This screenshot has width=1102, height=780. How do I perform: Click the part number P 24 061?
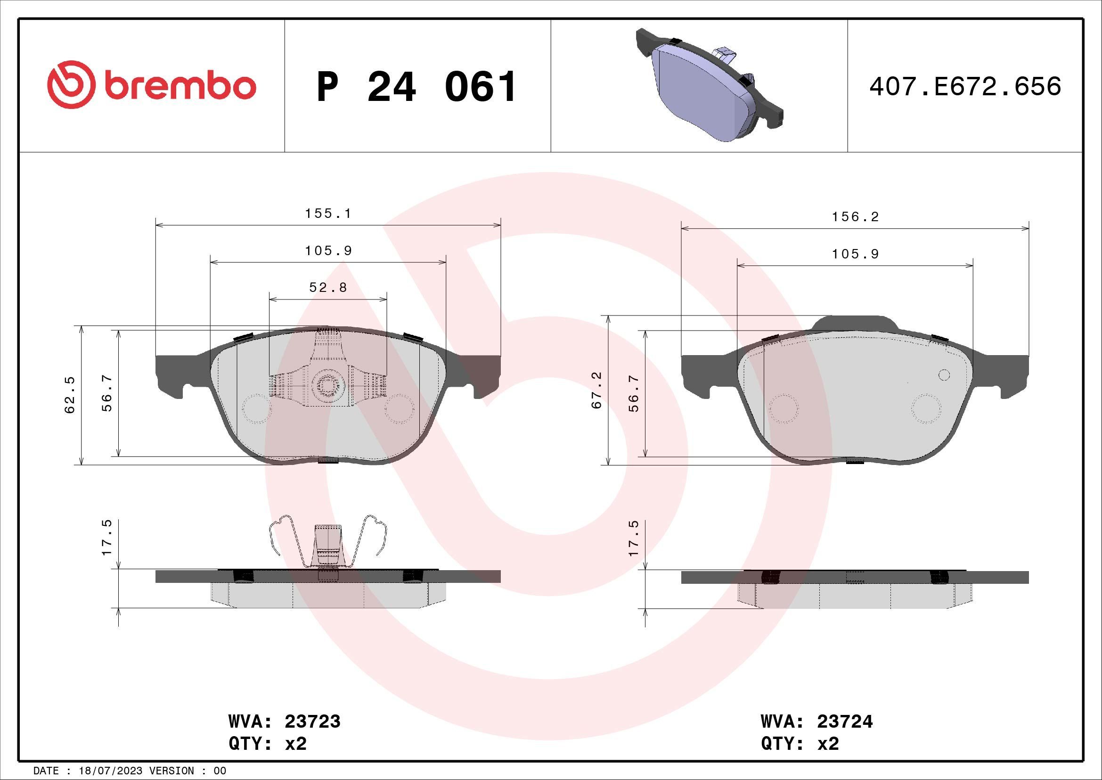click(416, 87)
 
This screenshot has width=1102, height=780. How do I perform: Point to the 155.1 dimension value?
click(328, 213)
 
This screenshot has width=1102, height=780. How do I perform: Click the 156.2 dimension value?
click(855, 217)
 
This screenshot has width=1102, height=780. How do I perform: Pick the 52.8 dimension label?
click(328, 288)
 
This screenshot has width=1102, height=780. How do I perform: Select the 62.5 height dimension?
click(71, 395)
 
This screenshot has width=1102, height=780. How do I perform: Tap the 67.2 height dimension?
click(596, 390)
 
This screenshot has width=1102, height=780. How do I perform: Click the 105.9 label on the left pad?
click(328, 251)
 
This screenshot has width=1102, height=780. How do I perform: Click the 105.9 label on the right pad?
click(855, 254)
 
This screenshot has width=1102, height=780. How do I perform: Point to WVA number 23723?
click(312, 721)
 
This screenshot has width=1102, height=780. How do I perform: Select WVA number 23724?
click(845, 721)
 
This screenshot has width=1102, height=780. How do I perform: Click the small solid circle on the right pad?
click(944, 375)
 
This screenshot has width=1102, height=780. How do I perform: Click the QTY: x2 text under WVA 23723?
click(267, 744)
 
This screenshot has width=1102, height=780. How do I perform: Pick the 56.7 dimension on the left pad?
click(107, 393)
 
